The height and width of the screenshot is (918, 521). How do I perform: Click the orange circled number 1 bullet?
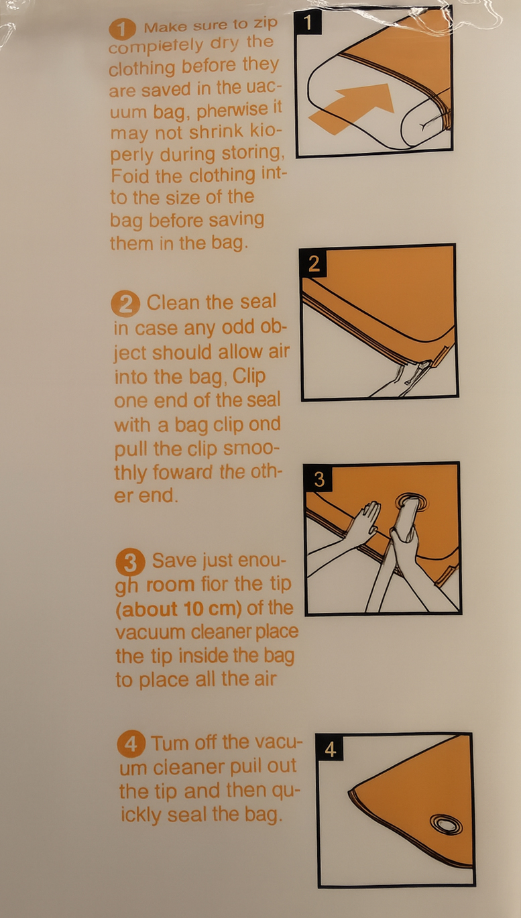click(x=122, y=30)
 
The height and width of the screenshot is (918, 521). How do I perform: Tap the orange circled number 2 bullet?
click(x=125, y=304)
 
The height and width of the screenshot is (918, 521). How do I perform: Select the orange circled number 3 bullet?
click(x=130, y=563)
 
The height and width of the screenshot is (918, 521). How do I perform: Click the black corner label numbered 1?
click(x=308, y=23)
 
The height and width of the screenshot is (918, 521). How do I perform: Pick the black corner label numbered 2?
click(x=313, y=264)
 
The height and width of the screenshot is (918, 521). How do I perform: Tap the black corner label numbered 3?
click(x=319, y=479)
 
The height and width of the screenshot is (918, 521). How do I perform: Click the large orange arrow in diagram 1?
click(x=353, y=108)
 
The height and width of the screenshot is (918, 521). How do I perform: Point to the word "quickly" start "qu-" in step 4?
click(x=286, y=791)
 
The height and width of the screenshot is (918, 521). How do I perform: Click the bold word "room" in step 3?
click(x=170, y=585)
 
